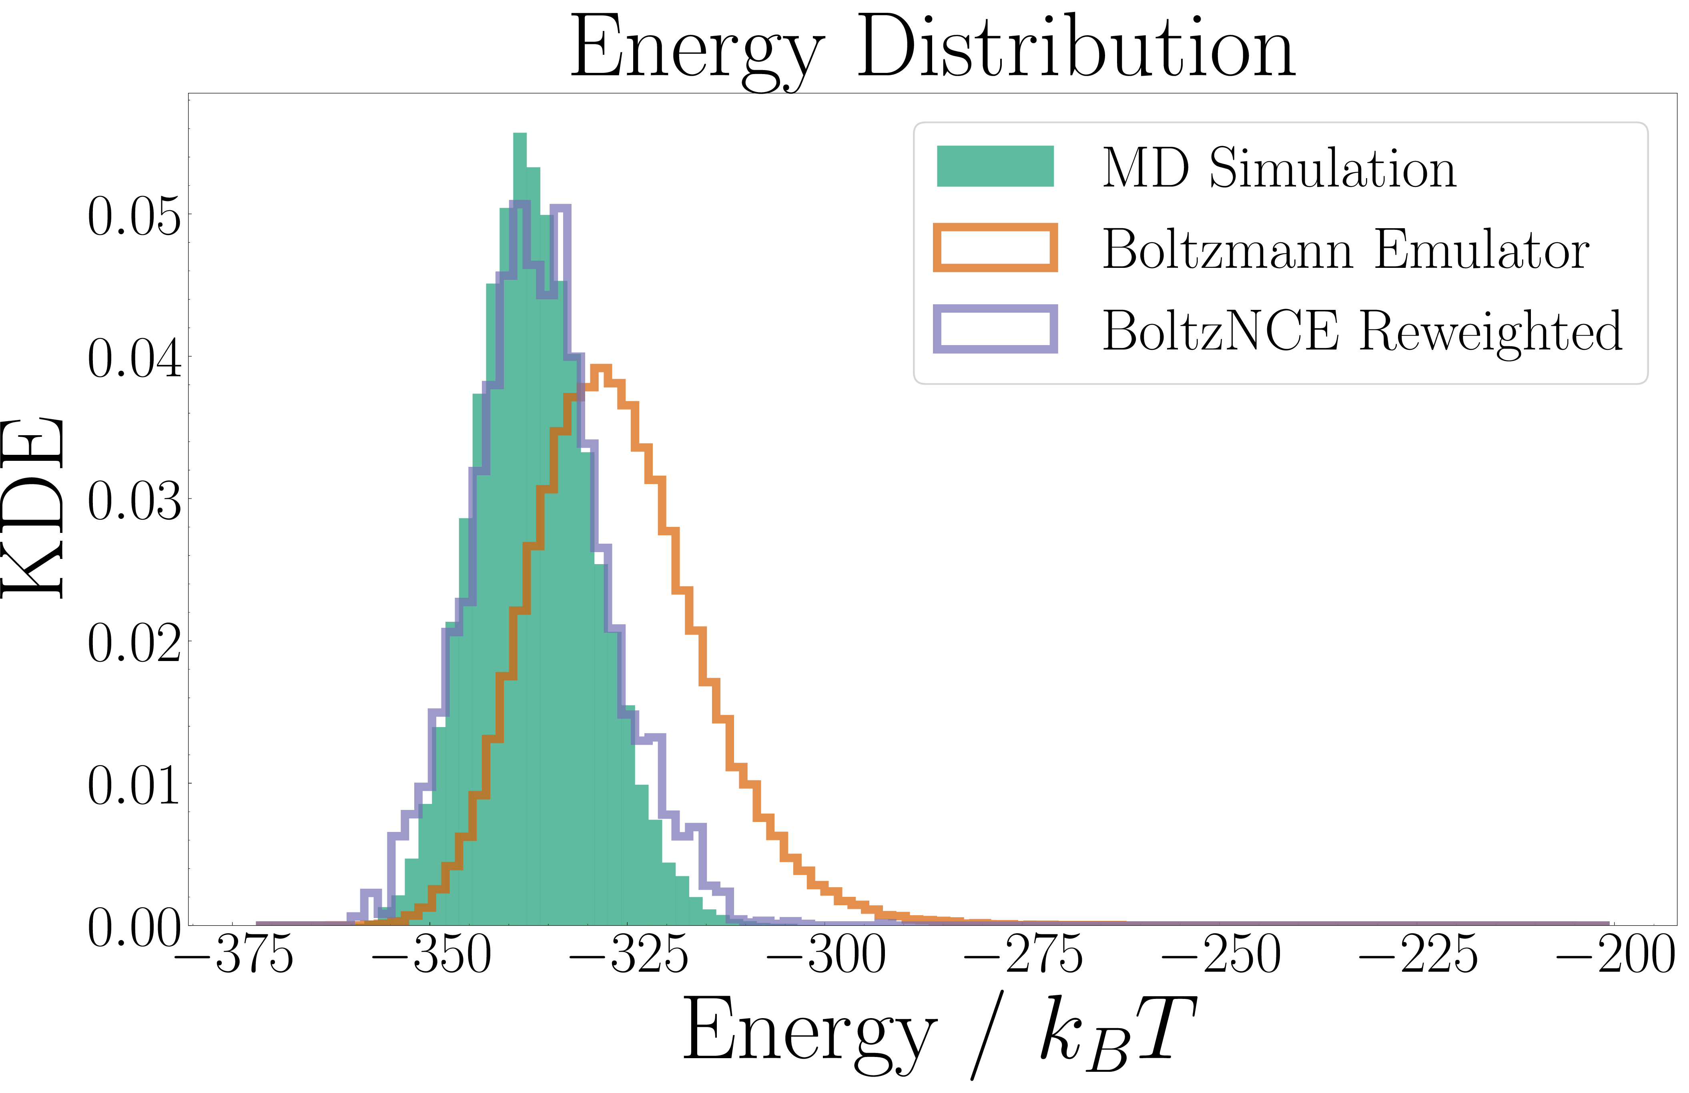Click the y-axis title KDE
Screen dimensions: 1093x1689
click(34, 508)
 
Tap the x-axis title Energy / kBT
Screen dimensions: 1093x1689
click(939, 1036)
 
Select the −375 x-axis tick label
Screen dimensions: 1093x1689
click(234, 954)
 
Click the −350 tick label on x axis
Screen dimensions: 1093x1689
click(431, 954)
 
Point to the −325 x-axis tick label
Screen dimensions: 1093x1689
click(628, 954)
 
